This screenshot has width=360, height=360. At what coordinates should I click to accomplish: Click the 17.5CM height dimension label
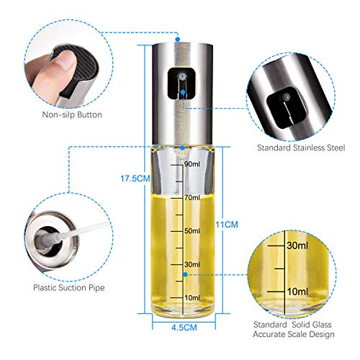coord(135,179)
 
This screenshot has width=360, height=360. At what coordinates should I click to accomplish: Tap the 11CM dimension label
coord(227,225)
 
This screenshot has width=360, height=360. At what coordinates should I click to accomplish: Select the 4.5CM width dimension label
coord(184,328)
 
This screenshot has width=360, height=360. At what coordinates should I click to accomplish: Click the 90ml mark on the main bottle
coord(192,164)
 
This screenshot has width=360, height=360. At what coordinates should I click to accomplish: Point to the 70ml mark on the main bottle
coord(192,198)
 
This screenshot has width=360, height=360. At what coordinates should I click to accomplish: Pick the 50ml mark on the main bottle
coord(192,231)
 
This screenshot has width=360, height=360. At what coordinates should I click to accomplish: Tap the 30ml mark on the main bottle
coord(192,264)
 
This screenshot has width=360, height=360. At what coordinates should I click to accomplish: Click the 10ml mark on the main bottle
coord(192,298)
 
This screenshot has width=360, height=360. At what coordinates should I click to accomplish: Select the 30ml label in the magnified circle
coord(297,246)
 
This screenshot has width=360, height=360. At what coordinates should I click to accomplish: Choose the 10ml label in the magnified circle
coord(297,292)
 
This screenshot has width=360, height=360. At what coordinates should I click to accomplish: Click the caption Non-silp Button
coord(72,114)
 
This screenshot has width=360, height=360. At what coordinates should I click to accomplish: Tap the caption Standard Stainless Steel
coord(301,148)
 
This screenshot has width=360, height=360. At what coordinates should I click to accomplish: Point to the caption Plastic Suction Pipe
coord(69,288)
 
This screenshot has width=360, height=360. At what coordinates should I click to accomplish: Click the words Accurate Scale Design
coord(294,334)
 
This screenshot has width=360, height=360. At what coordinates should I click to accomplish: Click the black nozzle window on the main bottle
coord(181,84)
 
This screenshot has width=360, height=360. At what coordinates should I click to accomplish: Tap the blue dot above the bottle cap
coord(178,39)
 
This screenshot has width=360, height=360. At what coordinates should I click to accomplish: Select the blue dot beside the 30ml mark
coord(185,274)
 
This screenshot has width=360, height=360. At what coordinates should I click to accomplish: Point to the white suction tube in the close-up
coord(81,231)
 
